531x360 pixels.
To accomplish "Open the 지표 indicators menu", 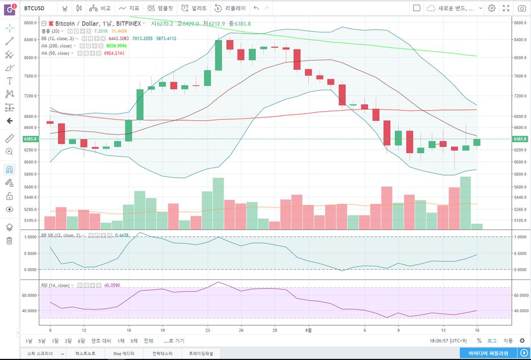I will click(130, 9).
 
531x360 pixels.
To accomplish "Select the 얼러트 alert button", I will click(194, 9).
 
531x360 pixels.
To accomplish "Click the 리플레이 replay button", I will click(229, 9).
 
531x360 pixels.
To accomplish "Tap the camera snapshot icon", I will click(521, 9).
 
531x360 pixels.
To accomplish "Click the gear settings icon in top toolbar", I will click(492, 9).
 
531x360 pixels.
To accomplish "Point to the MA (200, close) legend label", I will click(56, 46).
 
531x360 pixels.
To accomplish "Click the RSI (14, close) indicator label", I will click(56, 286).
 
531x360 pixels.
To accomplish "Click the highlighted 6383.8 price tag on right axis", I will click(520, 139).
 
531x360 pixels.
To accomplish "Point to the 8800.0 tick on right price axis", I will click(520, 22).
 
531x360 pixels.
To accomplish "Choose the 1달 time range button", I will click(56, 341).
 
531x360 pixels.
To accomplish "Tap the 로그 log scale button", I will click(492, 341).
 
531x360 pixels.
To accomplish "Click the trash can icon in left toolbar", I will click(10, 241).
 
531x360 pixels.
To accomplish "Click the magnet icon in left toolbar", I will click(10, 169).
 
